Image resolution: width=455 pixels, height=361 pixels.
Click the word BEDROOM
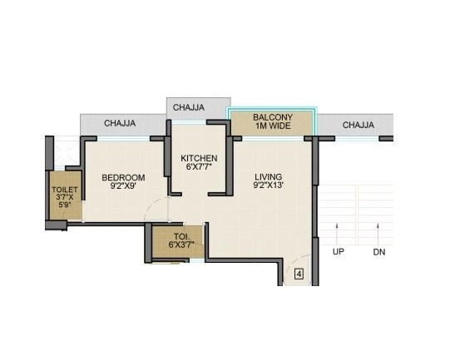pos(123,177)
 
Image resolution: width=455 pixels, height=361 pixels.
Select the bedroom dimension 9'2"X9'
pos(123,187)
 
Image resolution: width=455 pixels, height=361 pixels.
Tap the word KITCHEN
pos(200,158)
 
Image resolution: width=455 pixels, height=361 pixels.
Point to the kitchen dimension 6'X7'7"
pos(200,168)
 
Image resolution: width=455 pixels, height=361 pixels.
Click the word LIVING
pos(269,177)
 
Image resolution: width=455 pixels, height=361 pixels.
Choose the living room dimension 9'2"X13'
pos(269,187)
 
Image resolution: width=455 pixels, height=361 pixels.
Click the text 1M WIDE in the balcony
pos(271,127)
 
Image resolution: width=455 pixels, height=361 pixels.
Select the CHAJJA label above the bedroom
pos(121,124)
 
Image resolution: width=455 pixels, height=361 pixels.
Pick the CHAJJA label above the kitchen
pos(189,106)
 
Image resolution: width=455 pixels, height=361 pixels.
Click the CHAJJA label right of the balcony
pos(358,125)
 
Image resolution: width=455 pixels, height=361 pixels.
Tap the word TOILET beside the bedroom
pos(65,190)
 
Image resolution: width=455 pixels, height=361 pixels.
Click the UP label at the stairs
pos(338,251)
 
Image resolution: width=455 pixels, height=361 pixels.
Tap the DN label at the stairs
pos(379,251)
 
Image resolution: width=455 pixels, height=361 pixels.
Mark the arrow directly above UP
pos(338,231)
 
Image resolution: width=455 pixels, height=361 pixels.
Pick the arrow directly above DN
pos(379,231)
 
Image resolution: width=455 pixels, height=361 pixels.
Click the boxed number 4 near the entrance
pos(298,273)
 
